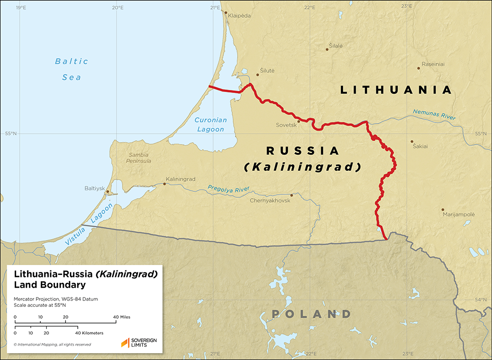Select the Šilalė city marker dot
(x=328, y=49)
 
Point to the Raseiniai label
(x=433, y=64)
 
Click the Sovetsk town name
(x=286, y=125)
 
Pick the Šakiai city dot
(x=412, y=142)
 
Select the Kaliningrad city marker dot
(x=164, y=184)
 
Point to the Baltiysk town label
(x=95, y=188)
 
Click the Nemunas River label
(x=435, y=115)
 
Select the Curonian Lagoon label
(x=211, y=124)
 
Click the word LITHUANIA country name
(x=396, y=90)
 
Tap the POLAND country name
(x=311, y=314)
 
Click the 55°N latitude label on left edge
(x=11, y=133)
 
